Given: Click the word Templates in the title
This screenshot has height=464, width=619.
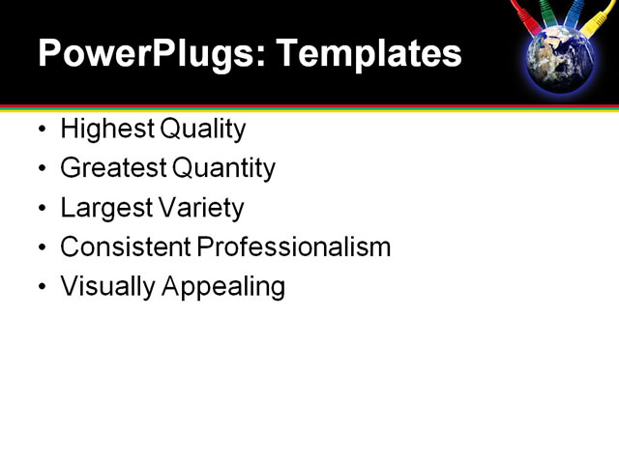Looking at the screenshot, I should [368, 54].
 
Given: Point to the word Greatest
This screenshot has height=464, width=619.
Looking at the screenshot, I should [113, 169].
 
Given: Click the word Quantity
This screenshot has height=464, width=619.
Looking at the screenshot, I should [224, 169].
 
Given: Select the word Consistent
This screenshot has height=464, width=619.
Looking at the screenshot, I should [126, 247].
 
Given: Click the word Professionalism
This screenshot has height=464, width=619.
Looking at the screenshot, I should [294, 247].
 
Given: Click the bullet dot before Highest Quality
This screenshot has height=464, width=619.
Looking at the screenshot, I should [40, 130].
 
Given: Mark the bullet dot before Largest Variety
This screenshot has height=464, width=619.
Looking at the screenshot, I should [40, 209].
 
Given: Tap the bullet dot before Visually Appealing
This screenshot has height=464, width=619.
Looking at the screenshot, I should [40, 287].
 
